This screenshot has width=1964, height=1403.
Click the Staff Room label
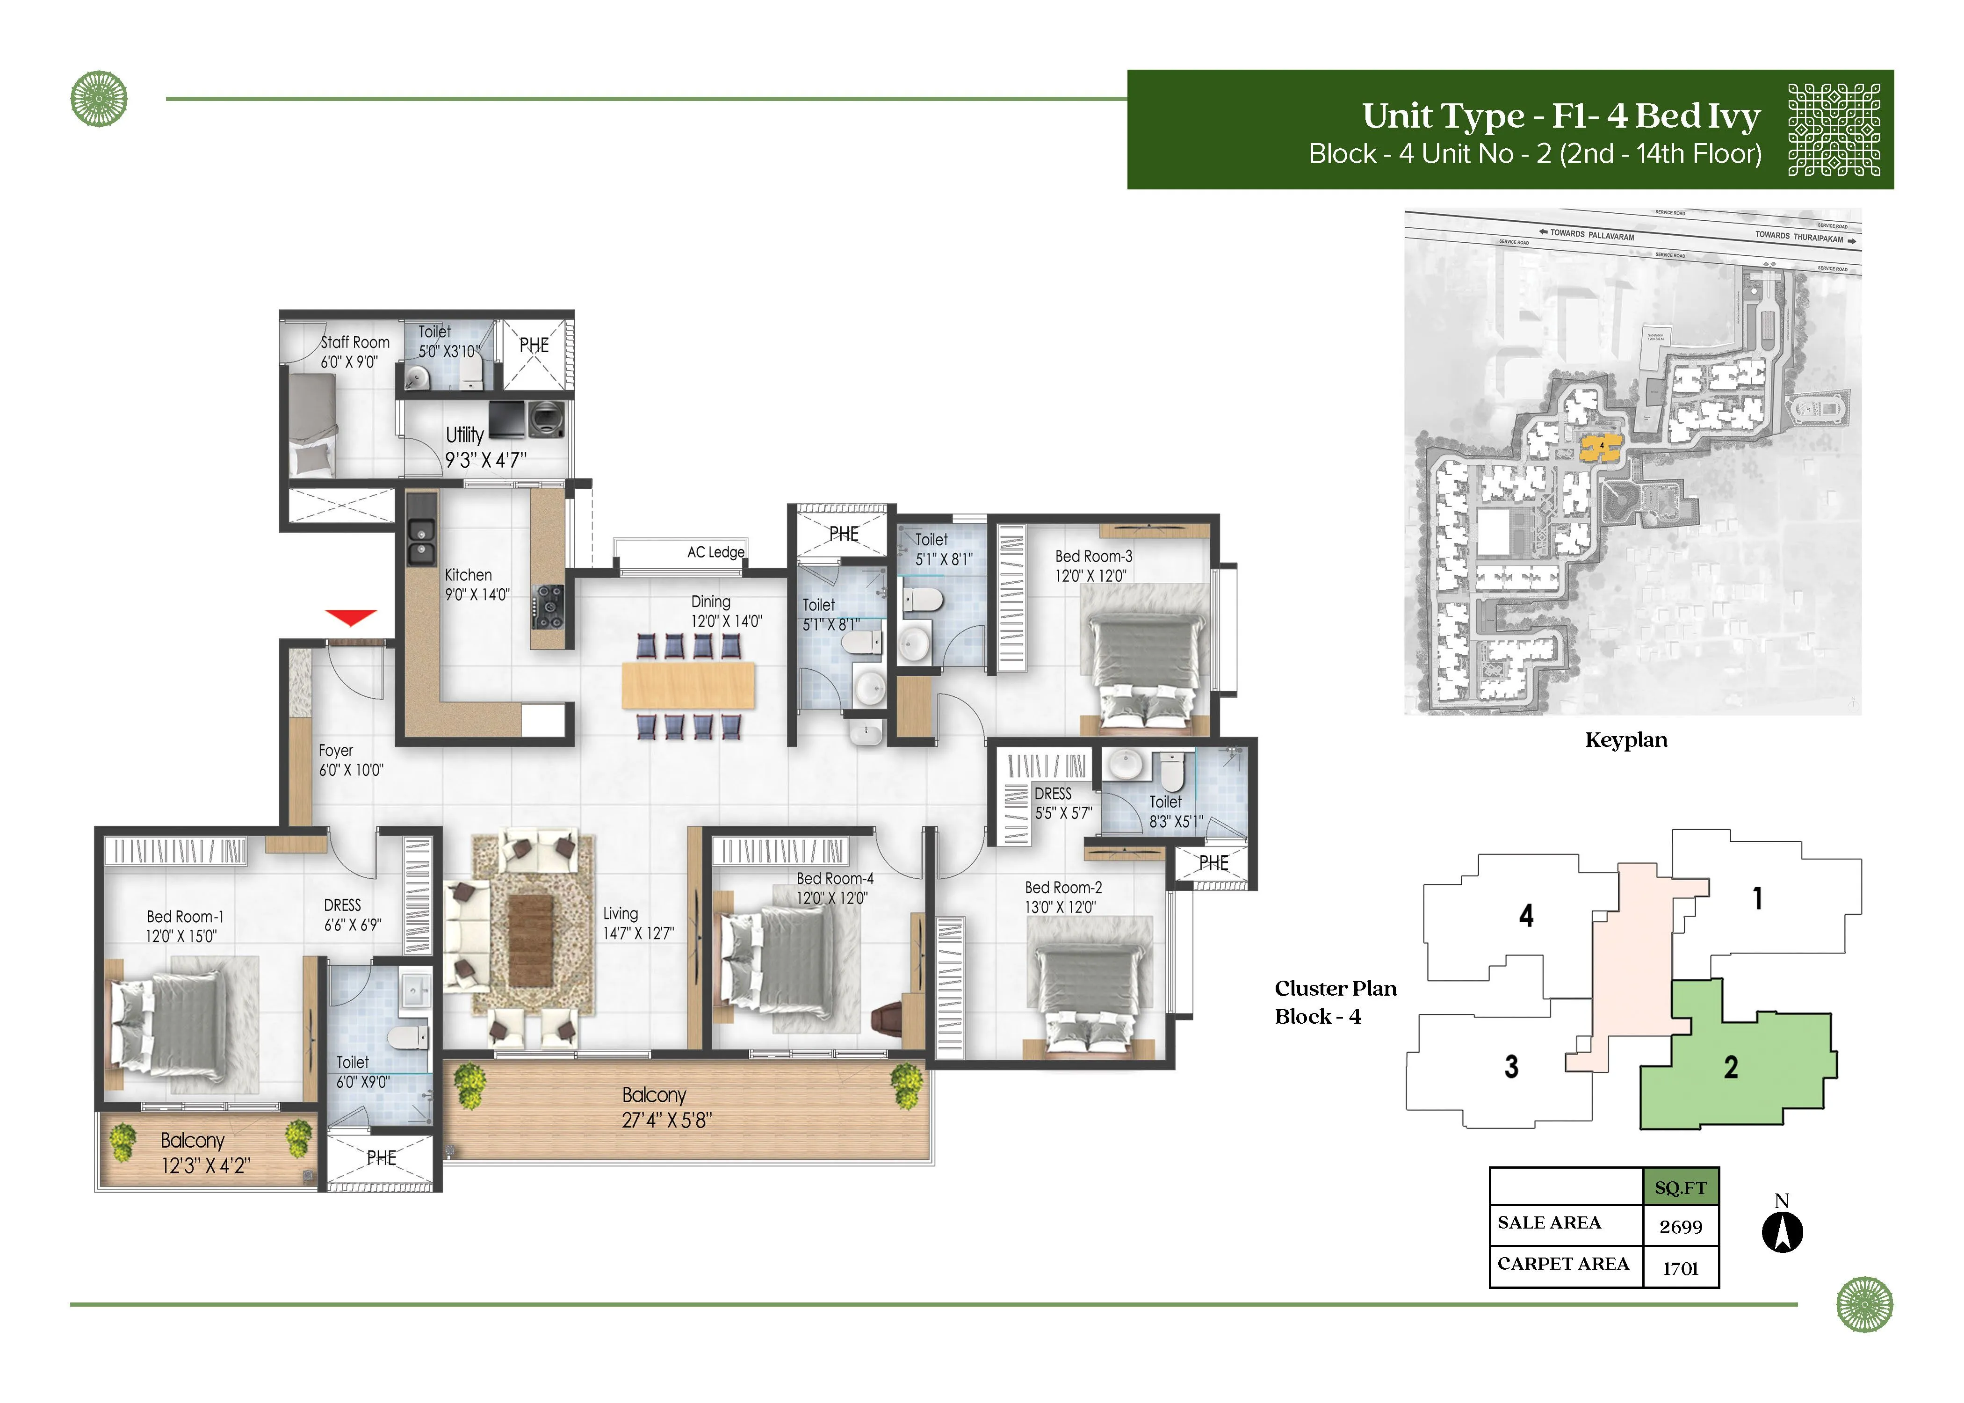pyautogui.click(x=355, y=343)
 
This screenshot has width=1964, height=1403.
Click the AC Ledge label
pyautogui.click(x=715, y=552)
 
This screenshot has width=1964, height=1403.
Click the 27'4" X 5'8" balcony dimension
pyautogui.click(x=666, y=1121)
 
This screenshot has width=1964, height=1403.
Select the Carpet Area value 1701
pyautogui.click(x=1680, y=1268)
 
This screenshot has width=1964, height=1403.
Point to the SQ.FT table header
pyautogui.click(x=1680, y=1188)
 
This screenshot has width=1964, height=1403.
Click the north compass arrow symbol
pyautogui.click(x=1782, y=1232)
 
